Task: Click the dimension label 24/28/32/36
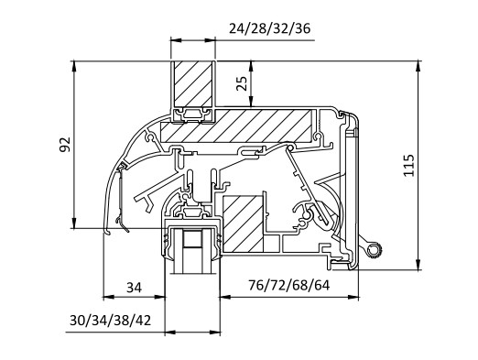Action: pyautogui.click(x=269, y=28)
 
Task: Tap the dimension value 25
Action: pyautogui.click(x=242, y=83)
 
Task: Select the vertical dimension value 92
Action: pyautogui.click(x=65, y=145)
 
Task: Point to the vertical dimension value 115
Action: pyautogui.click(x=408, y=165)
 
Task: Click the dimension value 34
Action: pyautogui.click(x=135, y=288)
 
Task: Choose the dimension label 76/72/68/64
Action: pyautogui.click(x=289, y=286)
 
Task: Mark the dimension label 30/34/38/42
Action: pyautogui.click(x=111, y=321)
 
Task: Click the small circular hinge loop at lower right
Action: pyautogui.click(x=374, y=249)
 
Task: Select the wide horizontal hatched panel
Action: pyautogui.click(x=236, y=126)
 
